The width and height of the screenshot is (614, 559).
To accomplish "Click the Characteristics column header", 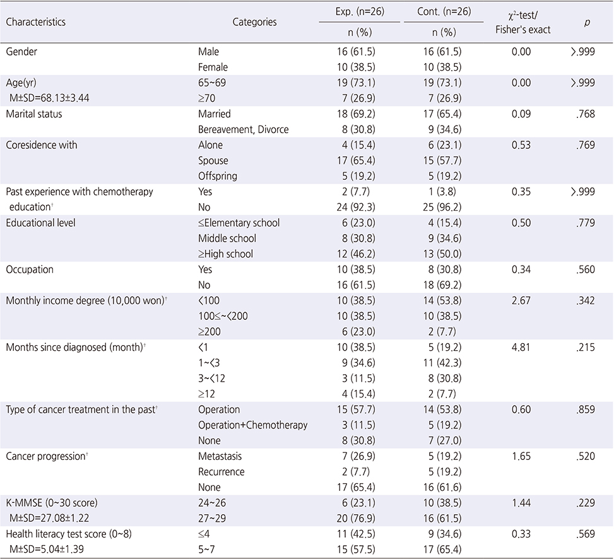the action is tap(35, 21).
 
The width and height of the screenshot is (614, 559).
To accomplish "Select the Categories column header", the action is tap(254, 22).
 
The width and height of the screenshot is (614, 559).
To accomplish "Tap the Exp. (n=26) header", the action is tap(360, 12).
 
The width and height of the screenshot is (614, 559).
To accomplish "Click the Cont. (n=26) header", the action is tap(444, 12).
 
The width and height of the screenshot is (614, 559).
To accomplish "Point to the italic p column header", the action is tap(587, 23).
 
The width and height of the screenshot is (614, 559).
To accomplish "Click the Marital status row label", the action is tap(34, 114).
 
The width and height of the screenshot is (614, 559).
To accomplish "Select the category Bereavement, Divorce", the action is tap(243, 129).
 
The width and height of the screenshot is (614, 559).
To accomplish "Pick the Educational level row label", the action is tap(41, 223).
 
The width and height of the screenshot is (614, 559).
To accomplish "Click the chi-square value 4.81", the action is tap(521, 347).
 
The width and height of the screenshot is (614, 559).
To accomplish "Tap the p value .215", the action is tap(586, 347).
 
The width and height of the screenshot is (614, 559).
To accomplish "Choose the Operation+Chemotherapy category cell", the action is tap(252, 425).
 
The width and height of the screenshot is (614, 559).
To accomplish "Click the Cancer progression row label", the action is tap(47, 456).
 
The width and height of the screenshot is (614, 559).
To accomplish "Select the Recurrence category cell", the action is tap(221, 472).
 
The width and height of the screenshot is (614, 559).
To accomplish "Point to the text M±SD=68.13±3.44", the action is tap(49, 98).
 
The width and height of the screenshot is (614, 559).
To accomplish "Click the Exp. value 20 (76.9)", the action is tap(356, 518).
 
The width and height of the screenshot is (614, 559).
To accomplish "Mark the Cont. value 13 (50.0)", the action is tap(442, 254).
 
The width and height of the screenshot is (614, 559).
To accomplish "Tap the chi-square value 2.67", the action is tap(521, 301).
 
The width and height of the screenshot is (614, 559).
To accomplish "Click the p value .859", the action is tap(586, 409).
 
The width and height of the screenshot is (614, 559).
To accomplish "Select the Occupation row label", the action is tap(30, 269).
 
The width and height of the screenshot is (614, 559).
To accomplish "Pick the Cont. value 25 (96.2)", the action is tap(442, 207).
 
